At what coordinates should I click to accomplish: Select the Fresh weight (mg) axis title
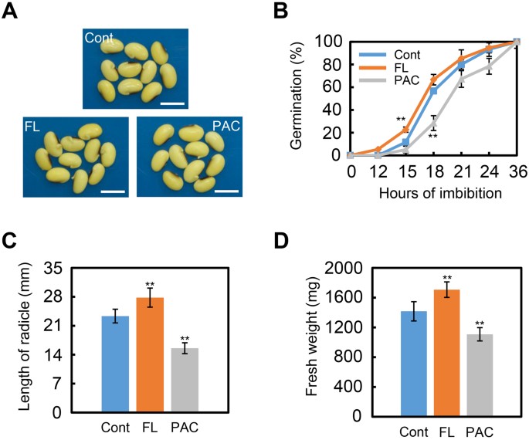pos(312,341)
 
